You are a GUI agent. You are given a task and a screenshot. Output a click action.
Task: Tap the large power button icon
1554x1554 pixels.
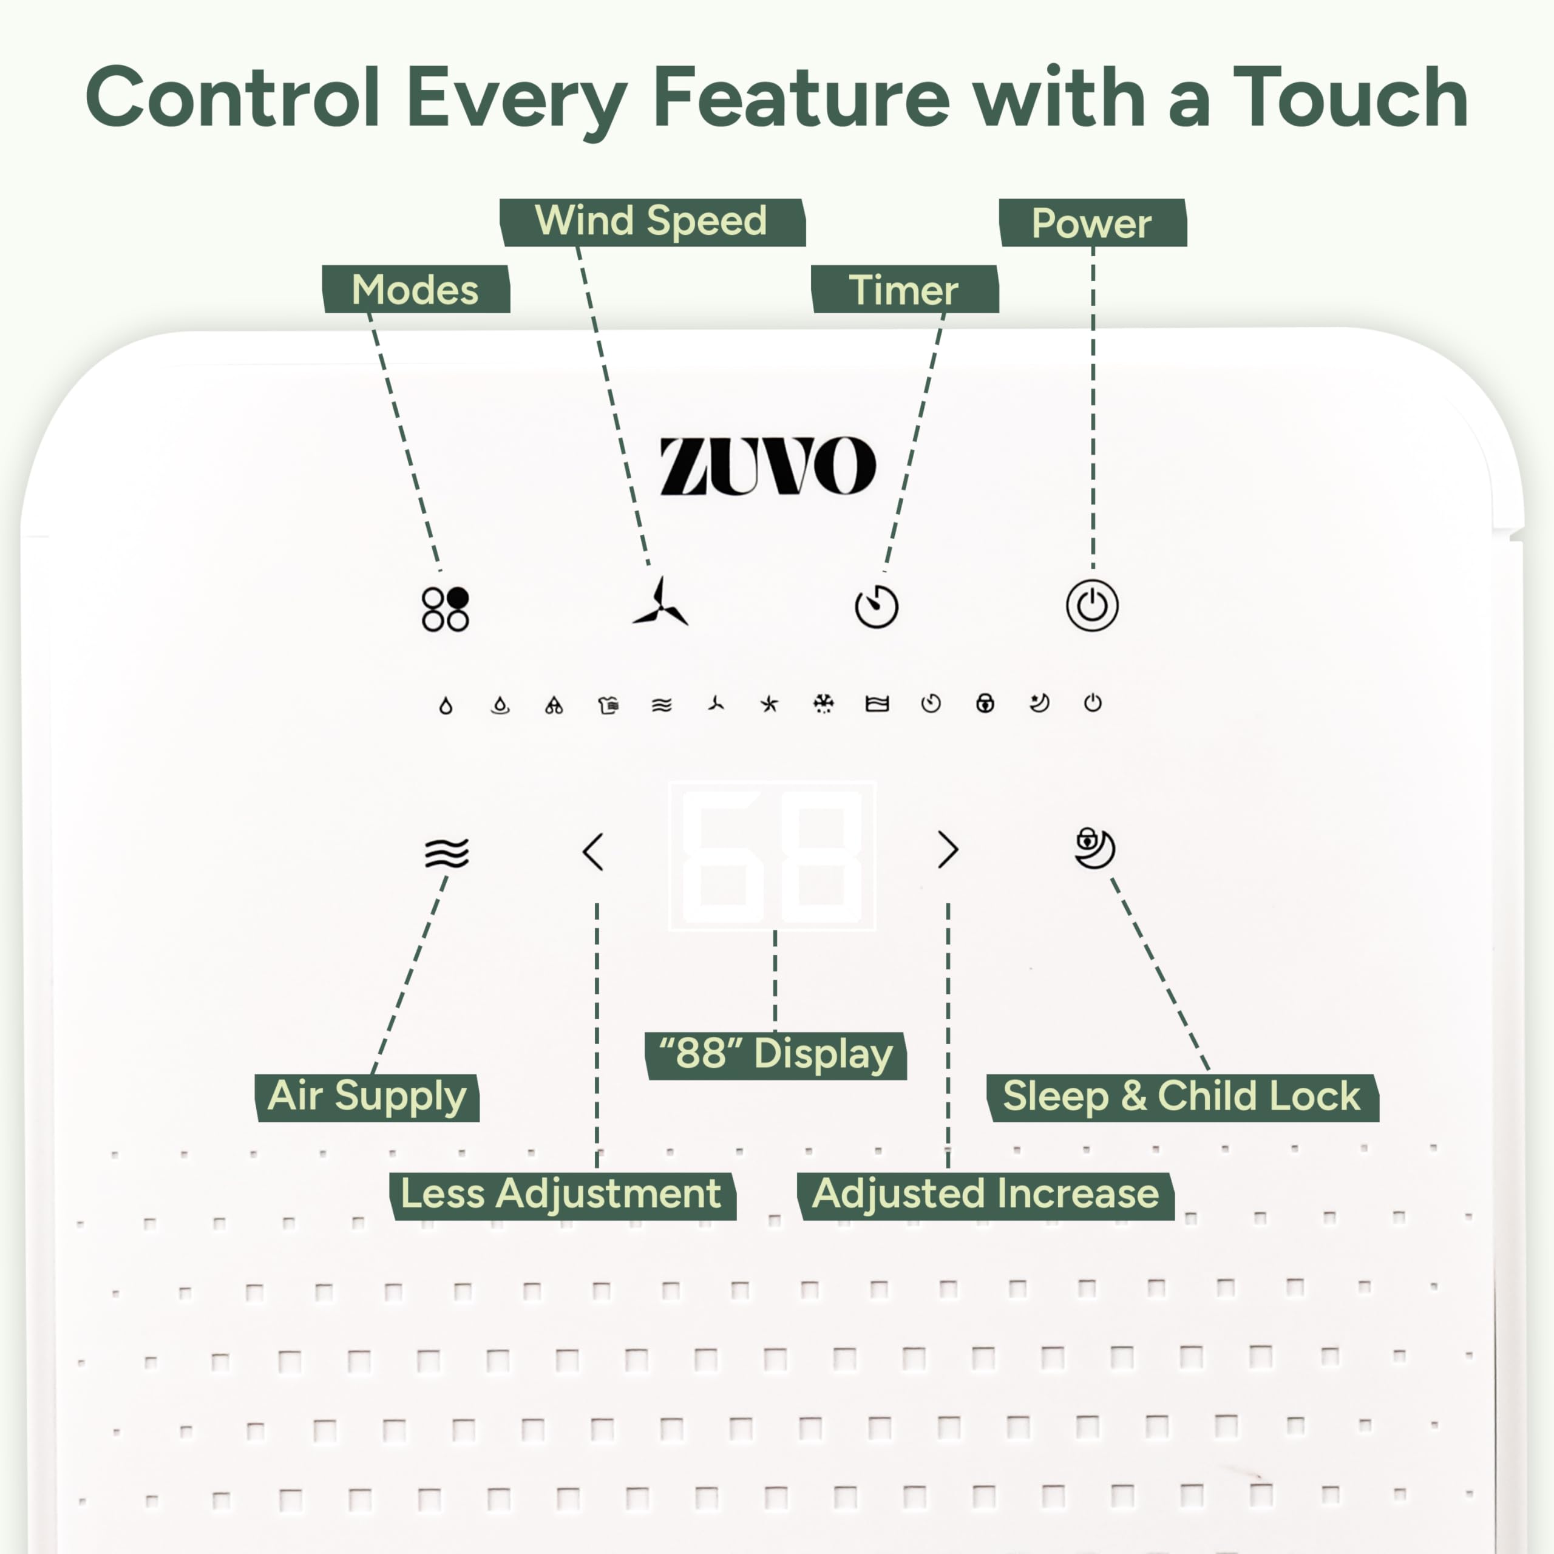click(x=1091, y=606)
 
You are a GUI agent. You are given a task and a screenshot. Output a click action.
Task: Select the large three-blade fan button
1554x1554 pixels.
click(x=660, y=602)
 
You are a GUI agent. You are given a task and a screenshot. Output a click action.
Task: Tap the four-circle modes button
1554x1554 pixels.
click(x=445, y=609)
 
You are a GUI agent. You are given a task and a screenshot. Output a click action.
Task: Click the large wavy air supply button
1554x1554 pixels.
click(x=446, y=853)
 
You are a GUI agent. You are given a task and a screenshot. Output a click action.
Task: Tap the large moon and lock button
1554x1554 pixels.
click(x=1094, y=848)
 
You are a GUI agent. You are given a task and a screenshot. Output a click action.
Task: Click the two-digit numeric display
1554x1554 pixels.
click(x=772, y=856)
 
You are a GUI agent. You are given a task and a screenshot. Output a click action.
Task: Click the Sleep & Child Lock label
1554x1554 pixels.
click(x=1182, y=1097)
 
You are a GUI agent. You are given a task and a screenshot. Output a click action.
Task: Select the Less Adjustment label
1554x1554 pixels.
click(x=562, y=1195)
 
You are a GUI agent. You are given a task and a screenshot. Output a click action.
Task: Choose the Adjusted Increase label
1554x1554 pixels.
click(x=985, y=1195)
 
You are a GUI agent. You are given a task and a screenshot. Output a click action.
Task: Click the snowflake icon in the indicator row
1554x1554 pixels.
click(x=823, y=704)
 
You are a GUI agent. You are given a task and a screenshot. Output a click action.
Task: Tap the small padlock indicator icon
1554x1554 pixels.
click(x=985, y=704)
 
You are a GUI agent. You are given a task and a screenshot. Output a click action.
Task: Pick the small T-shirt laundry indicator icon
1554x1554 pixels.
click(x=608, y=705)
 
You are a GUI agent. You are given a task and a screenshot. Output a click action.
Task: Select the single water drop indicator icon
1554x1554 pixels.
click(x=446, y=706)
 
